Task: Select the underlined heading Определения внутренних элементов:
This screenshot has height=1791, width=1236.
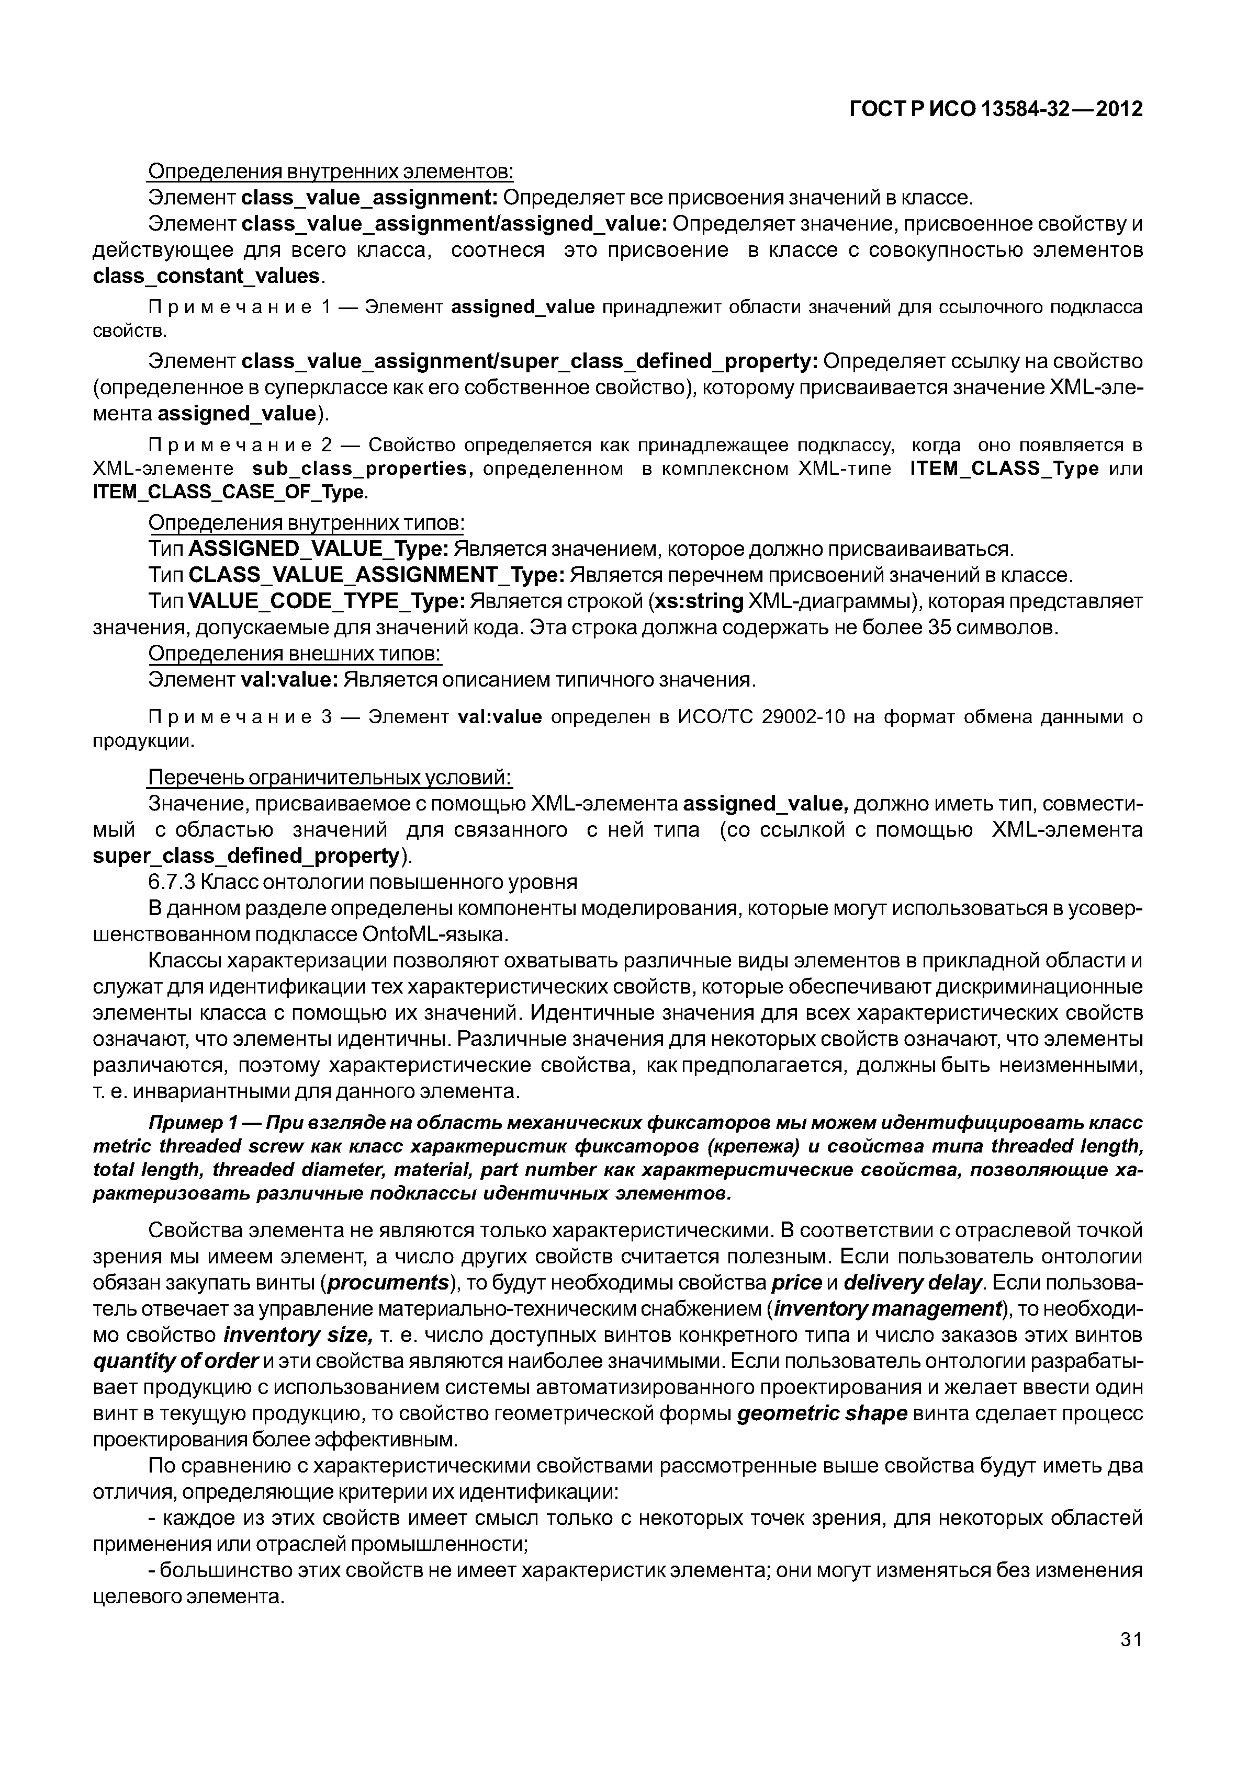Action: tap(331, 170)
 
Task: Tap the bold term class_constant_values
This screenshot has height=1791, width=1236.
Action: tap(206, 276)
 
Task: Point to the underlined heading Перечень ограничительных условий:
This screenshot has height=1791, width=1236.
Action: tap(331, 777)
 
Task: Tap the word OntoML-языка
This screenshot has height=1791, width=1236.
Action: tap(434, 935)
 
